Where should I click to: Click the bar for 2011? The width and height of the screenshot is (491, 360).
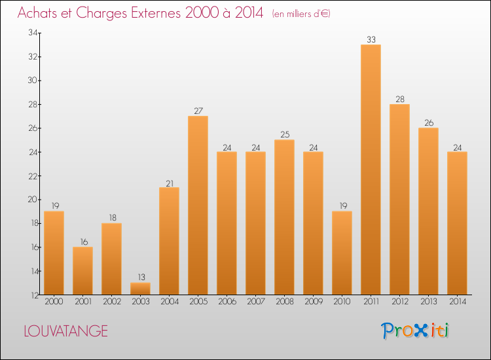point(371,170)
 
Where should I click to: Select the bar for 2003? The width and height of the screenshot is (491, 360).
point(140,289)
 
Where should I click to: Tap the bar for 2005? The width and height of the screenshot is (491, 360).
point(198,206)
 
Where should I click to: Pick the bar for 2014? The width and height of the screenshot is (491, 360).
point(457,223)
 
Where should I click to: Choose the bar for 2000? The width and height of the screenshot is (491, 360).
point(54,253)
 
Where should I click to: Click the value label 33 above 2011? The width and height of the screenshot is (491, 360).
point(371,40)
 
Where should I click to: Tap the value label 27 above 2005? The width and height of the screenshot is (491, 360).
point(198,111)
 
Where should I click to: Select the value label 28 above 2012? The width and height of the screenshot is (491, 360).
point(399,99)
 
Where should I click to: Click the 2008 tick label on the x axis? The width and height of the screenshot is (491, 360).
point(284,302)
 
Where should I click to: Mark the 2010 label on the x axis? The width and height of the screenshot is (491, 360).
point(342,302)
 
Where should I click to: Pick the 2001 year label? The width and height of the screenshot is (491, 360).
point(82,302)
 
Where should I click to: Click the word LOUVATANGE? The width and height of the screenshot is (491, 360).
point(65,331)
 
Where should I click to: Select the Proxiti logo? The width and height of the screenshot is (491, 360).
point(415,331)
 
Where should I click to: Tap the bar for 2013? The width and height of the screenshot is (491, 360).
point(428,211)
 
